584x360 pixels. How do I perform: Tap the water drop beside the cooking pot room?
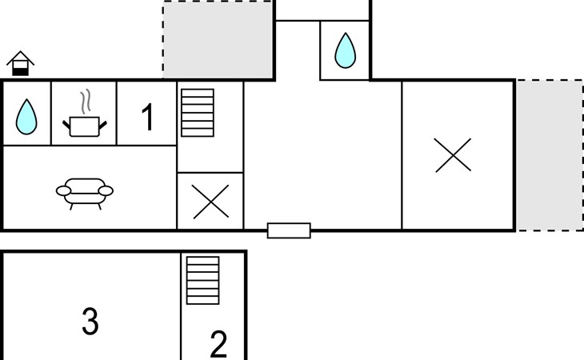26,116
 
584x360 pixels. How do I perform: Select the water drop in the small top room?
345,50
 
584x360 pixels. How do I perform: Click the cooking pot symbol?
85,126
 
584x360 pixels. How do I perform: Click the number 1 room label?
147,118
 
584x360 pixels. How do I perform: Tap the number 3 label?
90,322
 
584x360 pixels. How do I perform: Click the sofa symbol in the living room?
84,192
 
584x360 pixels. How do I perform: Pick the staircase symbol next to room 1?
198,113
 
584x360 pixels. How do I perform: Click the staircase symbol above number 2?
202,281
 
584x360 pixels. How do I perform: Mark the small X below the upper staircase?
211,201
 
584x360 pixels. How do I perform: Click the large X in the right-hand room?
453,155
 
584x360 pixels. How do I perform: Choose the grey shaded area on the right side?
549,155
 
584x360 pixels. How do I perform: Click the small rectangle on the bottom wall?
289,230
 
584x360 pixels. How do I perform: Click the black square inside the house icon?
20,70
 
